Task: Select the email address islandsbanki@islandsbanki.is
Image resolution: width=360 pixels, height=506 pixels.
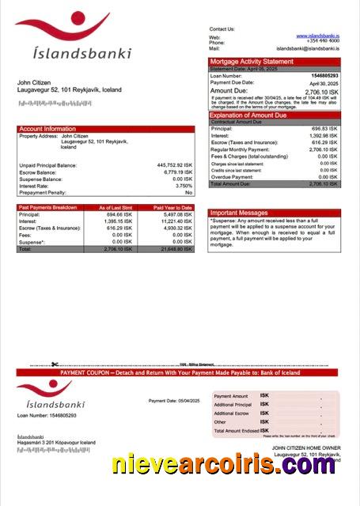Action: pos(309,48)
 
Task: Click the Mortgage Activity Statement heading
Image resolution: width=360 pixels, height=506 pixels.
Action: pos(252,62)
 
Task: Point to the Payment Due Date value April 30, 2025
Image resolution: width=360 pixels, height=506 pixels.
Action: pos(323,82)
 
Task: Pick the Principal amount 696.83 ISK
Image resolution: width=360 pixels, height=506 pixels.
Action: pos(324,128)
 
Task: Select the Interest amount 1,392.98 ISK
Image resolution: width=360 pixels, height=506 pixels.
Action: pos(323,135)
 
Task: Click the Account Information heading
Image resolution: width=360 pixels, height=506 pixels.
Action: pos(47,128)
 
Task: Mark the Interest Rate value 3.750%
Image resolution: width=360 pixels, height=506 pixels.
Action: pos(184,185)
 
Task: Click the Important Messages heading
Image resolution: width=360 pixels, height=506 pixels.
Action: pos(240,213)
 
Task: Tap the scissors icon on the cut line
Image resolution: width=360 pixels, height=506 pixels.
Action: pos(55,364)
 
